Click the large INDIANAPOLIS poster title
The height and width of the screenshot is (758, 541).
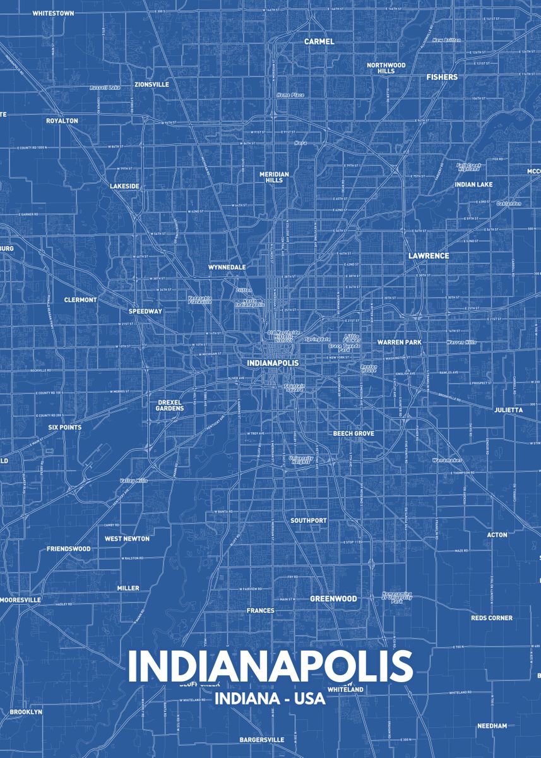pos(270,666)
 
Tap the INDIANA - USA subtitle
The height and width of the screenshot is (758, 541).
pos(270,699)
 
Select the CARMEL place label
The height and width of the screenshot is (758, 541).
pos(319,42)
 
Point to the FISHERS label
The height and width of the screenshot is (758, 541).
pos(442,77)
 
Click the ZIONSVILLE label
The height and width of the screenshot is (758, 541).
pos(152,84)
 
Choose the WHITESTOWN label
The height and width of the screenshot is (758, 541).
pos(53,13)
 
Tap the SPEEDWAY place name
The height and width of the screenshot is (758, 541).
pos(145,311)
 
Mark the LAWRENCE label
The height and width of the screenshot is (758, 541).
pos(429,256)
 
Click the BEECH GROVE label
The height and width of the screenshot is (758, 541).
pos(354,433)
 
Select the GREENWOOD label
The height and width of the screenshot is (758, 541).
pos(333,598)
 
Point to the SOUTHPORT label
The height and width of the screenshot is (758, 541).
pos(309,520)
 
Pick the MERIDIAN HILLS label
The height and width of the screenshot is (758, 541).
pos(274,177)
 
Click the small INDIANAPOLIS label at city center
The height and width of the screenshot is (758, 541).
pos(273,363)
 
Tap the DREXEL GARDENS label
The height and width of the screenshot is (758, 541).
pos(170,405)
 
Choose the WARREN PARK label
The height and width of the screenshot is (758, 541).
pos(399,342)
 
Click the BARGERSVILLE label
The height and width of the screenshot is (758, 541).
pos(261,739)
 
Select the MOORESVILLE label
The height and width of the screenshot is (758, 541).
pos(21,599)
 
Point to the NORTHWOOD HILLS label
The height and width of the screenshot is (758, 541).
pos(386,68)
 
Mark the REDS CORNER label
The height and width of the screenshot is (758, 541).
pos(491,618)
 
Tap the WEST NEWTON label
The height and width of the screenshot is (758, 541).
pos(127,539)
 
